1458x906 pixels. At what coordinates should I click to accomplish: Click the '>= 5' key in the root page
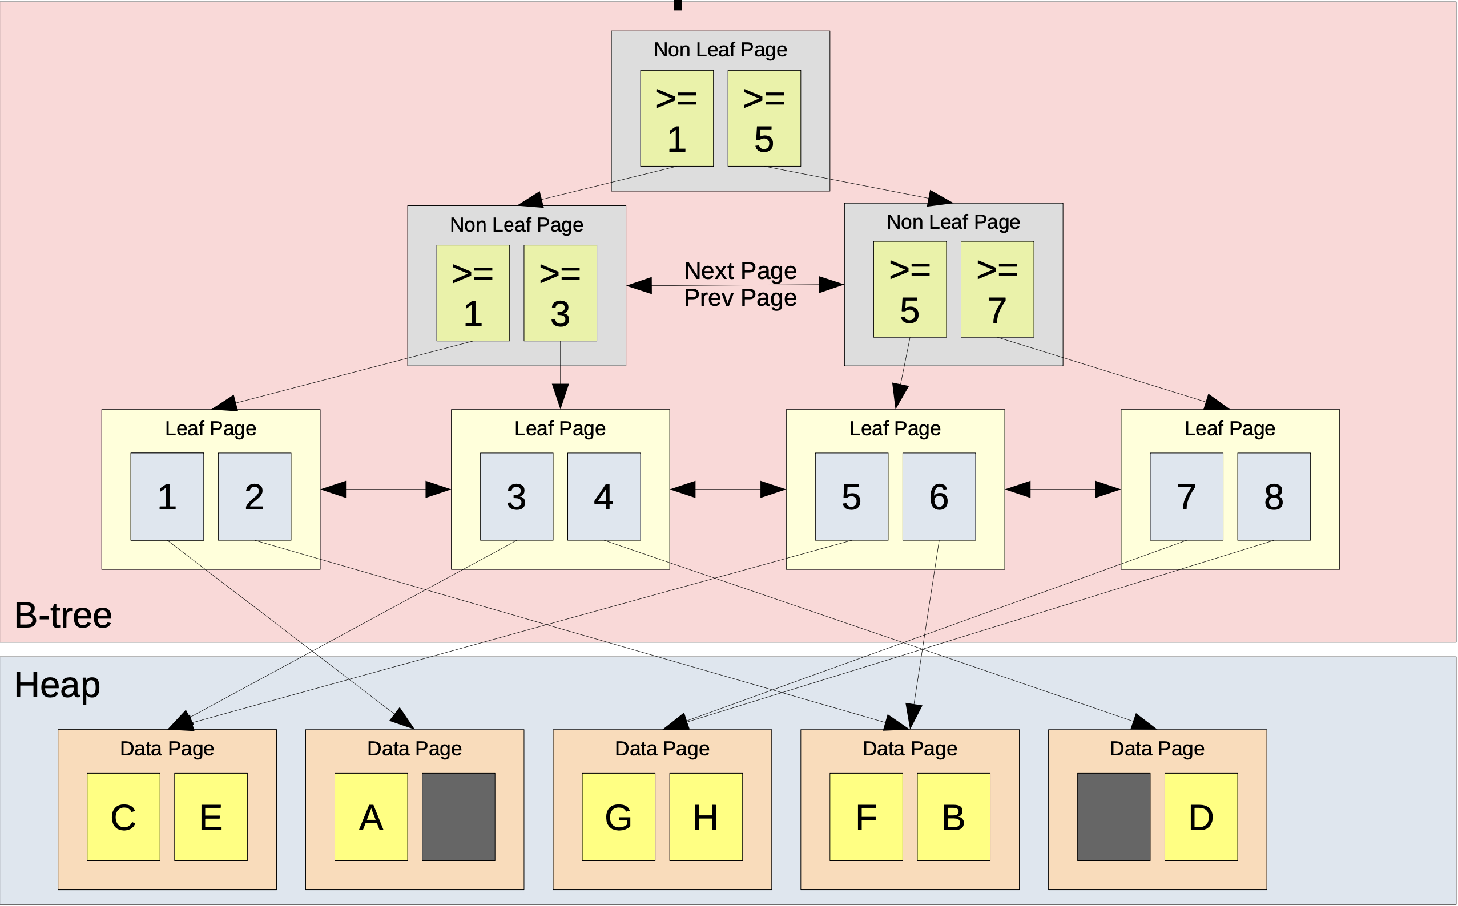[764, 118]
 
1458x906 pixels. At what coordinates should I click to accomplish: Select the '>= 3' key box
[560, 293]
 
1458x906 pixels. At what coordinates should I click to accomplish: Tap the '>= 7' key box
[996, 289]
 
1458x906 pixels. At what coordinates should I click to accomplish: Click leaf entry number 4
[604, 496]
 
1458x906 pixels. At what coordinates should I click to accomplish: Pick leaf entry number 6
[939, 496]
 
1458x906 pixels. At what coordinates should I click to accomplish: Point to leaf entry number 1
[167, 496]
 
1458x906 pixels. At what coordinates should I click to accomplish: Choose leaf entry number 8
[1274, 496]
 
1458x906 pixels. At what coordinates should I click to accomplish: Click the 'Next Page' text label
[740, 271]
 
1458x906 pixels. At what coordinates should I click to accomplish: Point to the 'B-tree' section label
[63, 615]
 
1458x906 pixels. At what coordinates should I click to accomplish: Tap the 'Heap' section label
[57, 684]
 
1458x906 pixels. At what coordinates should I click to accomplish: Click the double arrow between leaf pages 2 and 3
[385, 489]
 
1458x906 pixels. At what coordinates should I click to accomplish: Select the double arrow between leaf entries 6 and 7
[1062, 489]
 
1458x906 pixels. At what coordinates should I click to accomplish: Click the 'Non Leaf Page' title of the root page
[720, 49]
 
